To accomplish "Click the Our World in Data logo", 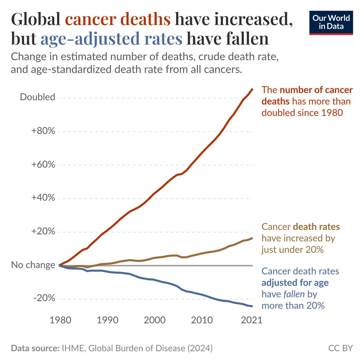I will click(x=331, y=23).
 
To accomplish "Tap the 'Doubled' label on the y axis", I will click(x=37, y=97).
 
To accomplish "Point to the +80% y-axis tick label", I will click(x=43, y=131).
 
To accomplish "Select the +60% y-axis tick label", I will click(x=43, y=165).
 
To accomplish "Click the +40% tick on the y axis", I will click(x=43, y=198).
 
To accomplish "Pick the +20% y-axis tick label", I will click(x=43, y=232).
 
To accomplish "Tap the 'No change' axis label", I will click(x=33, y=265).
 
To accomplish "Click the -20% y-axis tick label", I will click(x=45, y=298).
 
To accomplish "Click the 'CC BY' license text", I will click(x=341, y=348).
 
